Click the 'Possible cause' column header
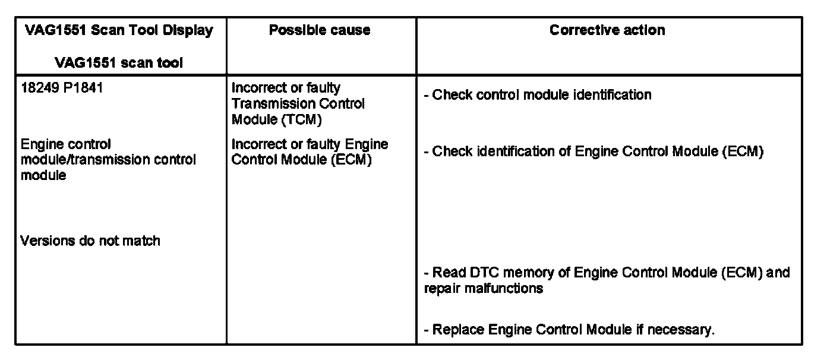click(x=320, y=30)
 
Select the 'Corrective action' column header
click(x=607, y=30)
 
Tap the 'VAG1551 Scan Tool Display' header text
click(x=119, y=30)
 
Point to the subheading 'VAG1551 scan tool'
click(x=119, y=62)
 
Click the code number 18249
click(x=40, y=89)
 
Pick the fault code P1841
click(x=83, y=89)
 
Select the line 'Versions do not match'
click(x=90, y=241)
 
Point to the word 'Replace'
click(x=459, y=330)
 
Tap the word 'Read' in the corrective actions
click(x=446, y=273)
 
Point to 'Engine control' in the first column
click(x=66, y=144)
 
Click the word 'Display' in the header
click(x=191, y=30)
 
